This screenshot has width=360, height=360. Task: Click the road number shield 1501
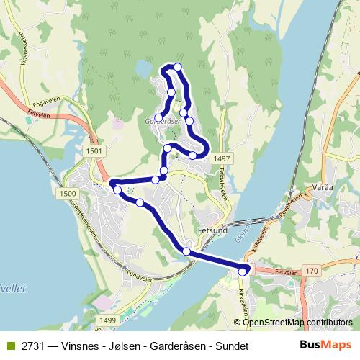(x=94, y=150)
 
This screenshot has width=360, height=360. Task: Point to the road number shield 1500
(x=68, y=194)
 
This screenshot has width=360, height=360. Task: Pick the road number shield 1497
(x=221, y=158)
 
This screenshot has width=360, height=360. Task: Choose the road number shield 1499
(x=108, y=320)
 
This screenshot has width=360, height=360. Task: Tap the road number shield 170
(x=312, y=271)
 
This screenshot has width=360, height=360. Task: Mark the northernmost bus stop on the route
(x=177, y=68)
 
